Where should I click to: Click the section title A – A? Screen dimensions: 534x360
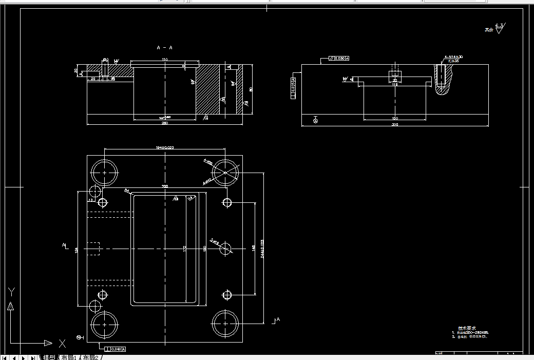click(164, 48)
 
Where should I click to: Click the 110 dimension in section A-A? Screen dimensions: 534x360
click(165, 60)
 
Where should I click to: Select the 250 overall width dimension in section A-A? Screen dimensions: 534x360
click(165, 123)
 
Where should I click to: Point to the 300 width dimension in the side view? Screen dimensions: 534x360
click(394, 124)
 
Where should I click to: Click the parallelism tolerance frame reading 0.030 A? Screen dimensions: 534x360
click(339, 59)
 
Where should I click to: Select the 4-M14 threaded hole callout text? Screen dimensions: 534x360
click(454, 56)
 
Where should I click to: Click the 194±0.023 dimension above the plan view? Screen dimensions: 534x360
click(164, 148)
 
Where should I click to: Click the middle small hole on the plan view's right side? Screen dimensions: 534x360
click(226, 249)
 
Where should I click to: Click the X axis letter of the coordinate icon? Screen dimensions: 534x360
click(62, 343)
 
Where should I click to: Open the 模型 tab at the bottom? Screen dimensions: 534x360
click(49, 357)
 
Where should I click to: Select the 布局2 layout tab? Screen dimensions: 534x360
click(90, 357)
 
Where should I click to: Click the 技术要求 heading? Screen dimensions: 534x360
click(467, 328)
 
